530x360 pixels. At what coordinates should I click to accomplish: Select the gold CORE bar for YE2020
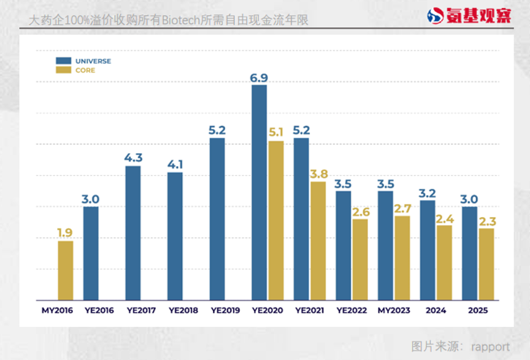coord(276,220)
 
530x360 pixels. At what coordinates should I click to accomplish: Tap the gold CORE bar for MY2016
coord(66,270)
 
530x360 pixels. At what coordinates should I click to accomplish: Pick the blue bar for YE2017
coord(133,232)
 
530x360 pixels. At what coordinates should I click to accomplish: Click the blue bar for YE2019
coord(217,218)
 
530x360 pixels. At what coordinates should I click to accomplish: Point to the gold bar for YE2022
coord(360,259)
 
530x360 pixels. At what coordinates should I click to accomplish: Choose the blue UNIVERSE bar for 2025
coord(469,253)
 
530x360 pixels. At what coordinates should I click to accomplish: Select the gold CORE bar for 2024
coord(444,262)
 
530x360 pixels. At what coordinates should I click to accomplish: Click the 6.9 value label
coord(259,77)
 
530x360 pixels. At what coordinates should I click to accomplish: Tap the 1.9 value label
coord(66,232)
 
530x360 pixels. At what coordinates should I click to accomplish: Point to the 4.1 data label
coord(175,164)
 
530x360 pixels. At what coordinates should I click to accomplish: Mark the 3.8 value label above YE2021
coord(318,174)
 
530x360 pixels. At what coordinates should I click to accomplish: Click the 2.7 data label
coord(402,208)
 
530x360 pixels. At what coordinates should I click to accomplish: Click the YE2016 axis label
coord(99,311)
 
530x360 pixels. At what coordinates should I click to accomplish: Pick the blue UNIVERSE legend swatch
coord(63,61)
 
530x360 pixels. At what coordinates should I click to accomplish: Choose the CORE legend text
coord(85,71)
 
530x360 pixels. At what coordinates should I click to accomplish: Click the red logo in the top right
coord(469,15)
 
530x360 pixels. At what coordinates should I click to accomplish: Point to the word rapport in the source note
coord(490,347)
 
